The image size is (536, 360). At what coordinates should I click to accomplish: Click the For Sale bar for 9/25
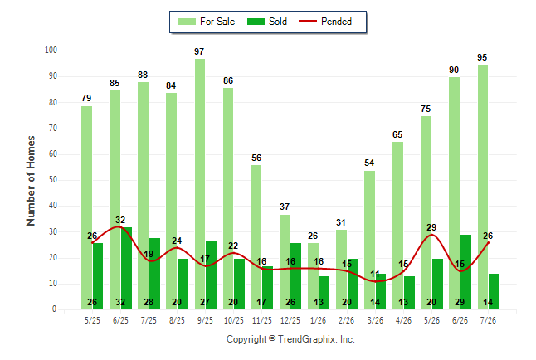pyautogui.click(x=200, y=184)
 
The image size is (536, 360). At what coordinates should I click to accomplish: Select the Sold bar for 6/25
pyautogui.click(x=126, y=269)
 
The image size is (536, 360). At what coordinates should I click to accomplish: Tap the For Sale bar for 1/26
pyautogui.click(x=313, y=276)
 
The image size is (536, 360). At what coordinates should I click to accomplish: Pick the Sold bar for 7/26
pyautogui.click(x=494, y=292)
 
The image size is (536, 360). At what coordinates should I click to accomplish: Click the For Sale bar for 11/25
pyautogui.click(x=256, y=237)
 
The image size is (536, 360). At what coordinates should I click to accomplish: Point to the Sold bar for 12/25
pyautogui.click(x=295, y=276)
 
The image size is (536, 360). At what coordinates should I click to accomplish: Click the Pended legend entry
pyautogui.click(x=325, y=22)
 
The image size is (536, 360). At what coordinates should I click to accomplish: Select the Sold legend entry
pyautogui.click(x=267, y=22)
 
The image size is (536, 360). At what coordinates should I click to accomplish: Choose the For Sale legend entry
pyautogui.click(x=207, y=22)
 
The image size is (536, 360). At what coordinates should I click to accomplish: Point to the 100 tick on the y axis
pyautogui.click(x=51, y=51)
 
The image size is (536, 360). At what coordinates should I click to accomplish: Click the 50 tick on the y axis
pyautogui.click(x=53, y=180)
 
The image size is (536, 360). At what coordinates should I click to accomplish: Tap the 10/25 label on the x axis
pyautogui.click(x=234, y=320)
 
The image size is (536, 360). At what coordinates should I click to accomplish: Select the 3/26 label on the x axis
pyautogui.click(x=375, y=320)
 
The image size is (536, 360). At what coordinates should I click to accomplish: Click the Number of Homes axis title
pyautogui.click(x=31, y=181)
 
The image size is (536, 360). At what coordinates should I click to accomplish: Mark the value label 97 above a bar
pyautogui.click(x=199, y=51)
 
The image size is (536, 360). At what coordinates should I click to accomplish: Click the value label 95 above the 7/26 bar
pyautogui.click(x=482, y=57)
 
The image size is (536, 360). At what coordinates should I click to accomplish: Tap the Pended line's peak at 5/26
pyautogui.click(x=431, y=235)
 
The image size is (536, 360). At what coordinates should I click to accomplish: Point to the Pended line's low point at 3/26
pyautogui.click(x=375, y=281)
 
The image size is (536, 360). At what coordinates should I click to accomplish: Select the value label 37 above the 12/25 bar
pyautogui.click(x=285, y=207)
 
